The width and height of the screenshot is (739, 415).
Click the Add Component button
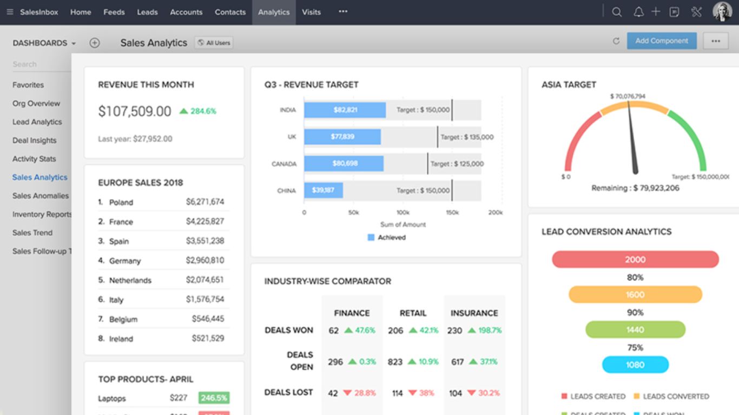coord(662,41)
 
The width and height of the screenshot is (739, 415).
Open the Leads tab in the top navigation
coord(147,12)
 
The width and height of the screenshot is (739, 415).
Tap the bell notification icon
coord(638,12)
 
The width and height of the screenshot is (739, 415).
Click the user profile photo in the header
coord(722,12)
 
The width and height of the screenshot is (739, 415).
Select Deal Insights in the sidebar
coord(35,140)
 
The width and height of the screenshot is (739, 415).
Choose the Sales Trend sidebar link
coord(32,233)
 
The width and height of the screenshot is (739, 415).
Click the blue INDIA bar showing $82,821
coord(345,110)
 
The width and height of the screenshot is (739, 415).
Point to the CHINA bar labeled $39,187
coord(323,190)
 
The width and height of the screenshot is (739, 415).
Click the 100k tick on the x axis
coord(403,213)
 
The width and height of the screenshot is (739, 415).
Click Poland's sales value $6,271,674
coord(204,202)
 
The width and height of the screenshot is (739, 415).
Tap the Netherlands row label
coord(130,280)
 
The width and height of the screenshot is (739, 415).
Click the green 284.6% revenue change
coord(198,111)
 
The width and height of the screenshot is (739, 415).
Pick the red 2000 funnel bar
coord(635,259)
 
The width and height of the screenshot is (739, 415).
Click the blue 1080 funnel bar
coord(635,365)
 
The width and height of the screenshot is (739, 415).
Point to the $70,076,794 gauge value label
coord(628,96)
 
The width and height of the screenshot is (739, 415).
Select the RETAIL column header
coord(413,313)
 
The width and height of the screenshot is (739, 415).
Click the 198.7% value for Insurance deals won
coord(485,330)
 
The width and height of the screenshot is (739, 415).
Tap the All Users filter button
coord(214,43)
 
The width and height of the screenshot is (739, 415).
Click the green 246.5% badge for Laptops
coord(214,398)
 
